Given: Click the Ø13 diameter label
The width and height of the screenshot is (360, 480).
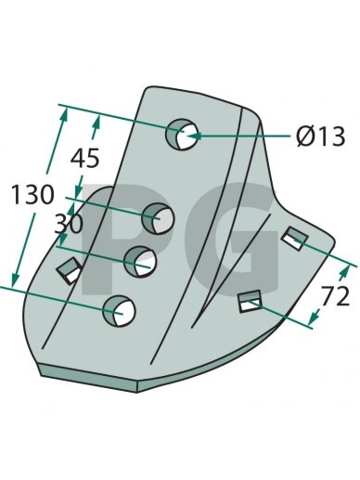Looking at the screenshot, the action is pyautogui.click(x=320, y=136).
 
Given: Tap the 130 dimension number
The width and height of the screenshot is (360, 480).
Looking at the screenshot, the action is pyautogui.click(x=32, y=195).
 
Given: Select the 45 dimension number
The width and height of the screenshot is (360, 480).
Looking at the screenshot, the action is pyautogui.click(x=84, y=158).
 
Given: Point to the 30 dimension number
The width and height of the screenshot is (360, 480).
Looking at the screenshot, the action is pyautogui.click(x=69, y=224).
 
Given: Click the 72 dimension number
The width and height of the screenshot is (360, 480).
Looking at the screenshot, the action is pyautogui.click(x=335, y=296).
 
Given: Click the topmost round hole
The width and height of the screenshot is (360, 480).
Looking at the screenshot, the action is pyautogui.click(x=182, y=135).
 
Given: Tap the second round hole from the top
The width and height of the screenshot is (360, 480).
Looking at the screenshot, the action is pyautogui.click(x=158, y=218).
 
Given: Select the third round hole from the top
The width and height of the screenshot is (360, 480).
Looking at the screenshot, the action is pyautogui.click(x=140, y=262).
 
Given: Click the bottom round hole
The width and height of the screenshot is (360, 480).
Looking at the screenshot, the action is pyautogui.click(x=119, y=311).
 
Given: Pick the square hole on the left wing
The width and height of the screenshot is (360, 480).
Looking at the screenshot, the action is pyautogui.click(x=70, y=270).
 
